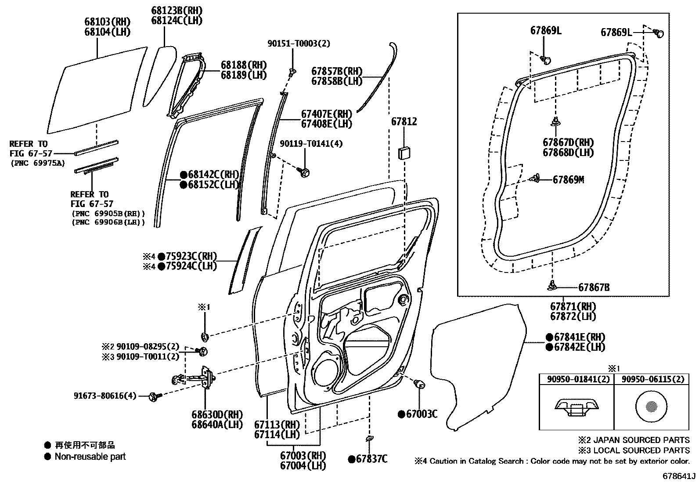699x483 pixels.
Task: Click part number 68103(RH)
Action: [x=107, y=22]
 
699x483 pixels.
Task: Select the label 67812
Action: [x=404, y=122]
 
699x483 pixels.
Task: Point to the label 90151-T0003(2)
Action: [x=299, y=44]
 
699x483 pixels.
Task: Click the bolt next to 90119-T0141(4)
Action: [x=304, y=172]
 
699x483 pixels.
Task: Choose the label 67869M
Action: [x=568, y=180]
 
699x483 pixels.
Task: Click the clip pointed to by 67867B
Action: [x=552, y=286]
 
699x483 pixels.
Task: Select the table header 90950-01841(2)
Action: [x=576, y=379]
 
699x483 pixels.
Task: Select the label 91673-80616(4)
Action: [x=105, y=396]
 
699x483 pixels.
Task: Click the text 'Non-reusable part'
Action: [x=90, y=457]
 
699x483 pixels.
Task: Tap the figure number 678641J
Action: [x=679, y=476]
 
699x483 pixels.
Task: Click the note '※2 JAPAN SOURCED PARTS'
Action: [x=634, y=440]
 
